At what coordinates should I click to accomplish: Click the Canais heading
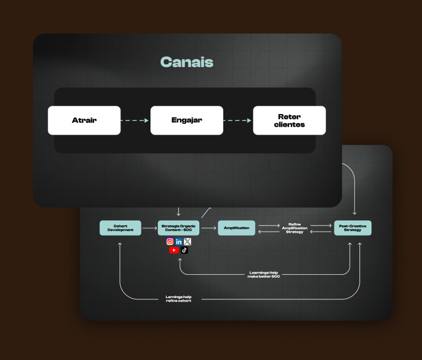(187, 62)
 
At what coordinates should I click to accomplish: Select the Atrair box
(84, 120)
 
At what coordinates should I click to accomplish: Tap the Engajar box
(187, 120)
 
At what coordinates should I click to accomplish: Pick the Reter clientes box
(289, 120)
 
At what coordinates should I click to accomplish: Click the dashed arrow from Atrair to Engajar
(135, 120)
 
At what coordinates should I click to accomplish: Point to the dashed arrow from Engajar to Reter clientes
(238, 120)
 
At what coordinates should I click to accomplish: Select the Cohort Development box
(120, 228)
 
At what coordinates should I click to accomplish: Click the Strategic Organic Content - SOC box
(179, 228)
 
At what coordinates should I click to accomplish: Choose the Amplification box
(236, 228)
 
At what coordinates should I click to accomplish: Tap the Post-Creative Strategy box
(352, 228)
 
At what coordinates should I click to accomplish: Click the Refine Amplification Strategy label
(294, 228)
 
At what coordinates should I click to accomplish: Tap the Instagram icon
(170, 241)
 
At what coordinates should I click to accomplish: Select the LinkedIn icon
(179, 241)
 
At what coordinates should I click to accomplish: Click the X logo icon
(188, 241)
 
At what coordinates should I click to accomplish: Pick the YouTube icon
(174, 250)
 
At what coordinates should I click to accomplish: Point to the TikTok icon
(184, 250)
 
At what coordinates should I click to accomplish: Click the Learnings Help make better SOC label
(265, 274)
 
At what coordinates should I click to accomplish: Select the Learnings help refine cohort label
(178, 298)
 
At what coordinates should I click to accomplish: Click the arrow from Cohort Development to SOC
(149, 228)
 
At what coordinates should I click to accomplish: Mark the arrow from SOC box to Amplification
(208, 228)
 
